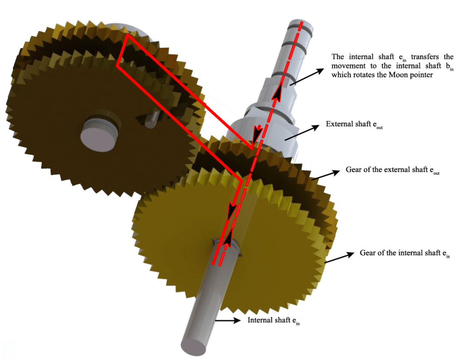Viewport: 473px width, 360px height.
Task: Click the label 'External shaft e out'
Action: (x=354, y=124)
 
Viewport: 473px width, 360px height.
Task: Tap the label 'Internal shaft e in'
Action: (x=274, y=320)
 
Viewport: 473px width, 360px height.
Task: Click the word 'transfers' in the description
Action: (x=425, y=57)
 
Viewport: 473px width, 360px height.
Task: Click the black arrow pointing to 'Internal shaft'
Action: (x=228, y=320)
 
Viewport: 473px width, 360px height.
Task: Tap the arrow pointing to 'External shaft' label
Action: (x=302, y=132)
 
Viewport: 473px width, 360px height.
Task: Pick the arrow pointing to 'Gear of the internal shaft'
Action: (x=339, y=258)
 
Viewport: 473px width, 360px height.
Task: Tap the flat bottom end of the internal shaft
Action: (x=194, y=347)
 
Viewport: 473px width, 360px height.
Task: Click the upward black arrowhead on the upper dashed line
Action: (x=277, y=91)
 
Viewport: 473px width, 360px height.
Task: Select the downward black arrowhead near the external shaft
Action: (x=257, y=133)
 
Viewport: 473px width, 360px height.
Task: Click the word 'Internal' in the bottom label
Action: (x=259, y=320)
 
